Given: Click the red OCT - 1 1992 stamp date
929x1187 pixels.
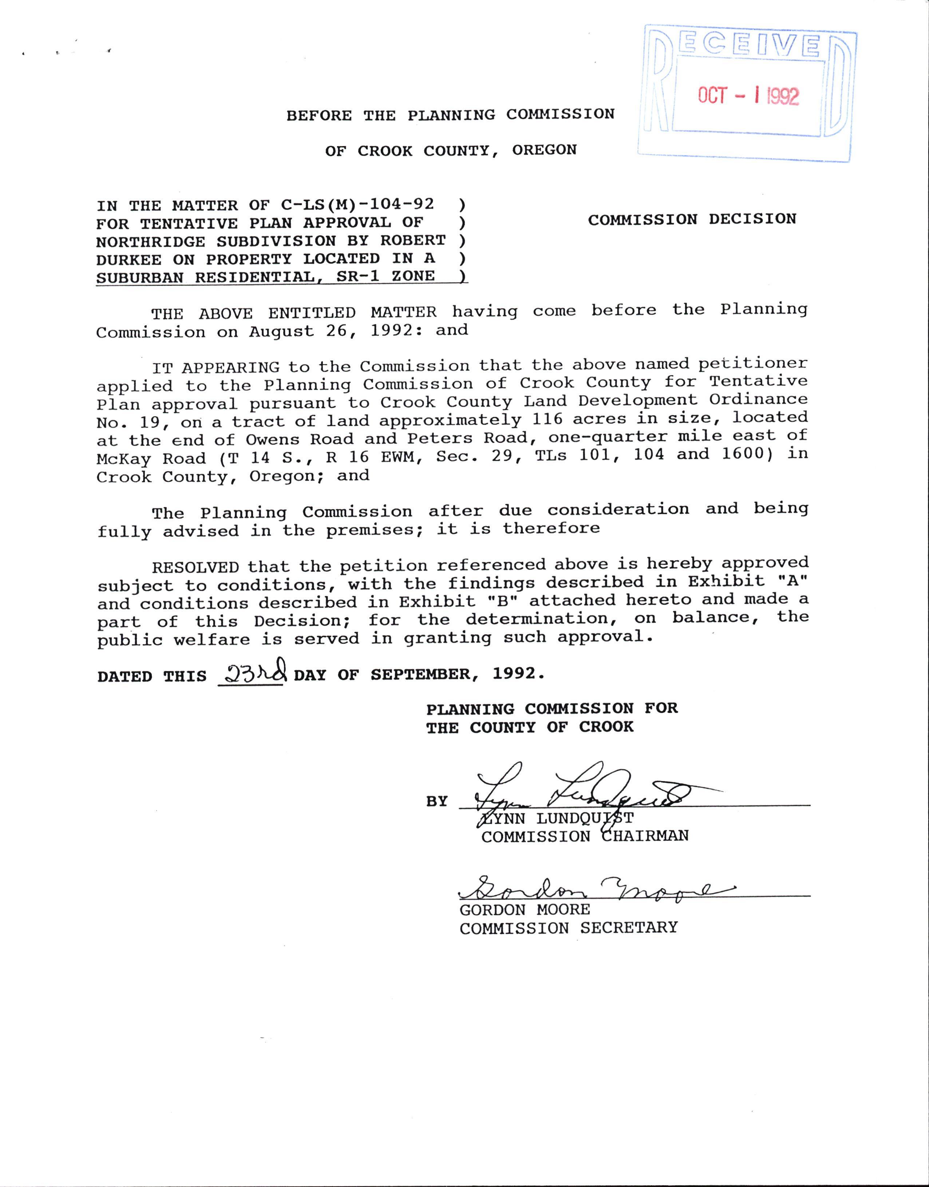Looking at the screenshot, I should tap(748, 96).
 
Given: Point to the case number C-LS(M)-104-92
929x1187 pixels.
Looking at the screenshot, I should tap(357, 205).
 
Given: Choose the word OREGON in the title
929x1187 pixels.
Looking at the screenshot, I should tap(544, 150).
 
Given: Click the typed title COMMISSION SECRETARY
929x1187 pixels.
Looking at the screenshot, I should tap(568, 927).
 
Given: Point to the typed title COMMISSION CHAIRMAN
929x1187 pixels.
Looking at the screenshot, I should tap(585, 836).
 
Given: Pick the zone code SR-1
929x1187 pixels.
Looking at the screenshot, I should tap(359, 276).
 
